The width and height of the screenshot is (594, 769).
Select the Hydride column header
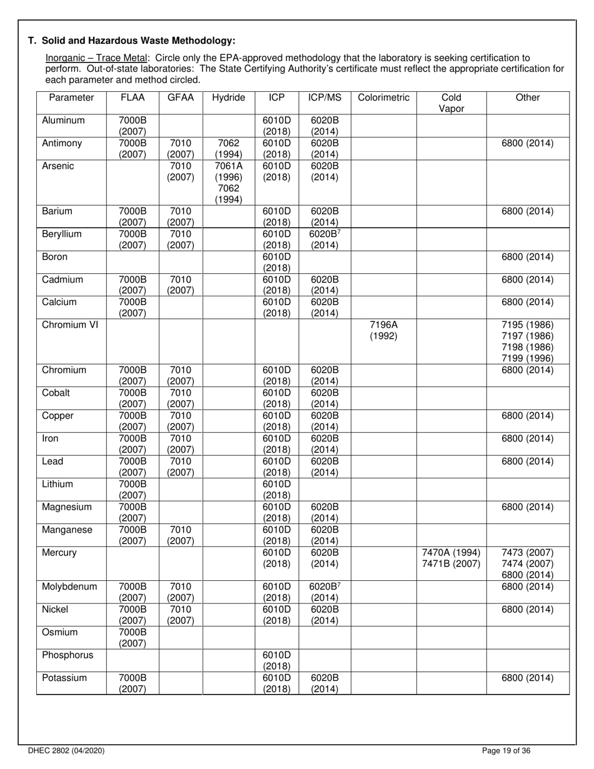(229, 98)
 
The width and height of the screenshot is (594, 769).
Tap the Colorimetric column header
(383, 98)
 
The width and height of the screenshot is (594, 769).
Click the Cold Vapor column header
(451, 103)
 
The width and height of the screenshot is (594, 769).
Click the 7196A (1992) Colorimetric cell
(383, 330)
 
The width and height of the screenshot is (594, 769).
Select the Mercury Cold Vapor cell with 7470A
(451, 558)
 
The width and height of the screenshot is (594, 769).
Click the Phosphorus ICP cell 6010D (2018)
(276, 660)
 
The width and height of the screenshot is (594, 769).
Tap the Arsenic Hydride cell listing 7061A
(229, 183)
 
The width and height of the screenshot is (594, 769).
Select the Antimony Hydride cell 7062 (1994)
(229, 149)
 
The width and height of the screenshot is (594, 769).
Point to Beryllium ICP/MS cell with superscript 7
(325, 239)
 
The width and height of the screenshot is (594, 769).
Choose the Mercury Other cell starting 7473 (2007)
(528, 564)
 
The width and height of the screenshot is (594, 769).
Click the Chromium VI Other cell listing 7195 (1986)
(528, 341)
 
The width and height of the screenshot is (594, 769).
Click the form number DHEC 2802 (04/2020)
(66, 751)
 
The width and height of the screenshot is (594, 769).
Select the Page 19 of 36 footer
(507, 751)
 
